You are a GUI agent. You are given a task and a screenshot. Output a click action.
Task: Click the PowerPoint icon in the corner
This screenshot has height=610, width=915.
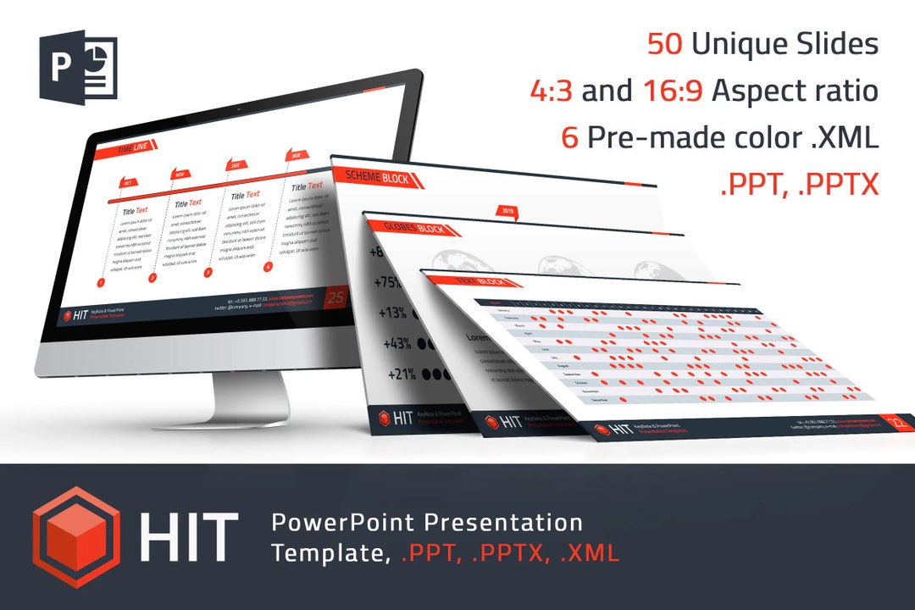(77, 65)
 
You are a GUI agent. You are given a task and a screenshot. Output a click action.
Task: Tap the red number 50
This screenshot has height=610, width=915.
(666, 44)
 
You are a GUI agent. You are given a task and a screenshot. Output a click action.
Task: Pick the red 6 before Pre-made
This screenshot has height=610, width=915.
(569, 138)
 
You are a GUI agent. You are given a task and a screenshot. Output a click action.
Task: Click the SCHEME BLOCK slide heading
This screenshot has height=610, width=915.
(376, 177)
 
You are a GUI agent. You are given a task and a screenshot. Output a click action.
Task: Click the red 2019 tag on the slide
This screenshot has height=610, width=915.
(508, 211)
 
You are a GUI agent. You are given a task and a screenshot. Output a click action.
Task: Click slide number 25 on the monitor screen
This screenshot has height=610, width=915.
(336, 298)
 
